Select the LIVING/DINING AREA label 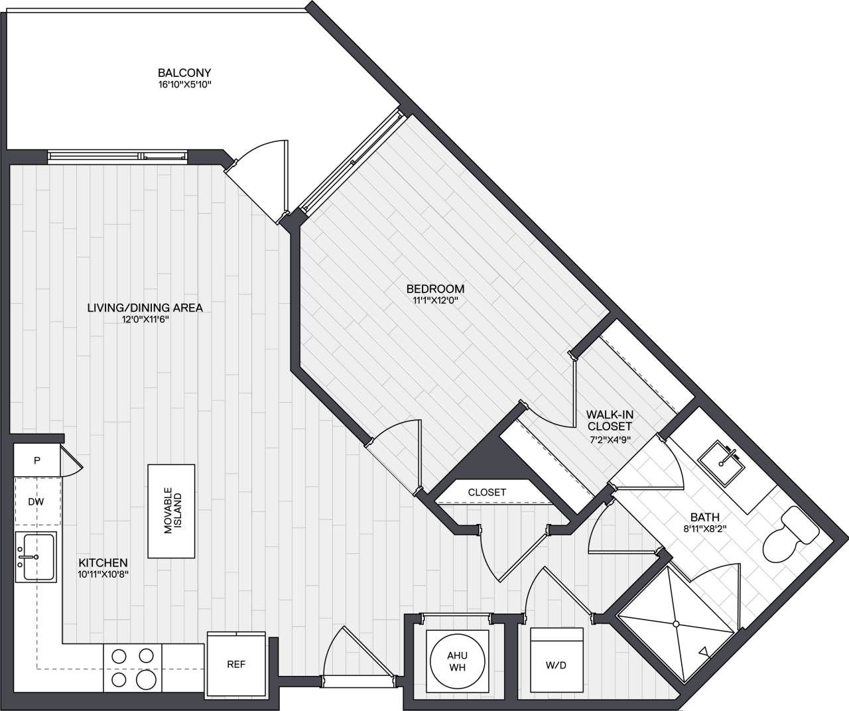pos(145,308)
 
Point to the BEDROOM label pos(435,289)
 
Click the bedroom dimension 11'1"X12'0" pos(435,300)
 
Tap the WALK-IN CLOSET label pos(609,420)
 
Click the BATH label pos(704,517)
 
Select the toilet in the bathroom pos(789,536)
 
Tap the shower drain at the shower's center pos(675,623)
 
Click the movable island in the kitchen pos(172,511)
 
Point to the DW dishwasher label pos(36,502)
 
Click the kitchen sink pos(36,557)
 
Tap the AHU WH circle pos(457,661)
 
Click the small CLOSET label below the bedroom pos(487,492)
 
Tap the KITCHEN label pos(101,562)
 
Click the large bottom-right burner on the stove pos(145,679)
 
